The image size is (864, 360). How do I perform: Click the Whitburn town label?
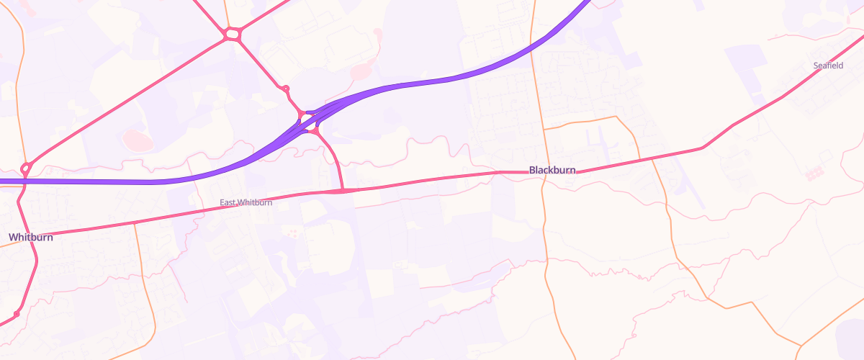point(31,237)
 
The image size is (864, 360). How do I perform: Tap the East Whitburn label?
point(246,203)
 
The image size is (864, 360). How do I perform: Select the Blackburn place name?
point(552,170)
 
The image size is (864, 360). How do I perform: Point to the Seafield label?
point(828,66)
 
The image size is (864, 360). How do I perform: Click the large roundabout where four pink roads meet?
point(232,34)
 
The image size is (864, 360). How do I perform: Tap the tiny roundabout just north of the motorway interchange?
point(286,89)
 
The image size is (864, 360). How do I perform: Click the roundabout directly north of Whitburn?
point(26,168)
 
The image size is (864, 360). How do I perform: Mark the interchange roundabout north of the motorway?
point(302,114)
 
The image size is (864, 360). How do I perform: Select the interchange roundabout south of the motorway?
point(314,131)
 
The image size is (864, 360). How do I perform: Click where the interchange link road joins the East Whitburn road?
point(343,191)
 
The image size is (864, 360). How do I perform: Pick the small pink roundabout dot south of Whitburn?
point(16,315)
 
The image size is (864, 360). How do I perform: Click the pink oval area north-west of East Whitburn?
point(135,139)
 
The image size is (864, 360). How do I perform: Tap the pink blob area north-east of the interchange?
point(360,71)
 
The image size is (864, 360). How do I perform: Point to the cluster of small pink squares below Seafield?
point(814,174)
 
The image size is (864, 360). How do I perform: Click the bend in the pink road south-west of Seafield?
point(702,148)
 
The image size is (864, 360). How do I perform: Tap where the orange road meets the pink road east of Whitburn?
point(135,225)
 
